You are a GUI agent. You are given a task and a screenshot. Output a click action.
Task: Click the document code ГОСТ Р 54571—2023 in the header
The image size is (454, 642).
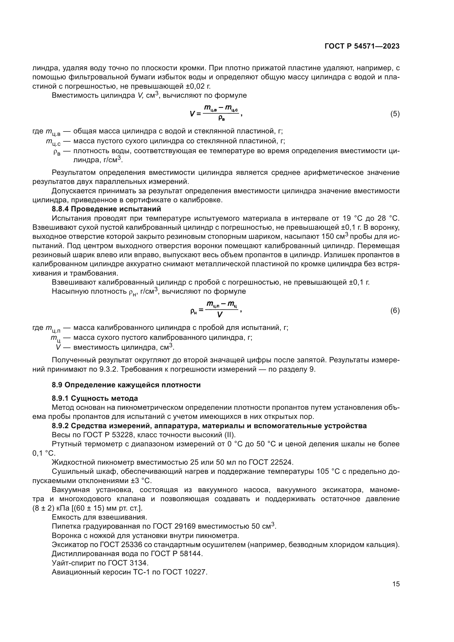click(x=362, y=46)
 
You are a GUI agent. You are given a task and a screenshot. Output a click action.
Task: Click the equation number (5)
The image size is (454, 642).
click(x=395, y=114)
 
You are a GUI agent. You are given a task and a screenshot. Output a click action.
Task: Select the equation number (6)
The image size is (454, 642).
click(x=395, y=311)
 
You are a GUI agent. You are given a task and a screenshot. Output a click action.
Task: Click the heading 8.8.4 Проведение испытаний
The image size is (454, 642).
click(x=106, y=209)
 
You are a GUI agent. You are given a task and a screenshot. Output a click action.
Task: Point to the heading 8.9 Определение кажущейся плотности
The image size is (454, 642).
click(x=126, y=385)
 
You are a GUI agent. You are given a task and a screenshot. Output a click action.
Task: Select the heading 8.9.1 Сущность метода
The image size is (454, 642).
click(x=95, y=398)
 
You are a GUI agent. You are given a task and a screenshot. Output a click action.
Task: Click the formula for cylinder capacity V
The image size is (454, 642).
click(x=215, y=113)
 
